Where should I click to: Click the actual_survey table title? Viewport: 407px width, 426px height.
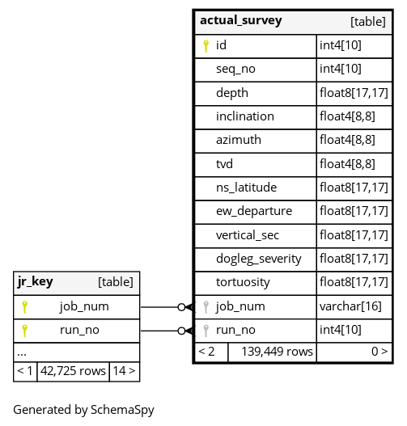pyautogui.click(x=241, y=21)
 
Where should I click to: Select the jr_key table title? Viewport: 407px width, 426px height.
pyautogui.click(x=35, y=281)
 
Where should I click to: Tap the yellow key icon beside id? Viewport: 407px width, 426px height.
pyautogui.click(x=206, y=46)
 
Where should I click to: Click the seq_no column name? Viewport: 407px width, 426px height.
pyautogui.click(x=235, y=70)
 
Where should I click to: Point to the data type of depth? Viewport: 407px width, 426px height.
pyautogui.click(x=354, y=93)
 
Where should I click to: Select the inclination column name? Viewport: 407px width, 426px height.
pyautogui.click(x=245, y=116)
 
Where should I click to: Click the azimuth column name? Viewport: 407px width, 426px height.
pyautogui.click(x=239, y=140)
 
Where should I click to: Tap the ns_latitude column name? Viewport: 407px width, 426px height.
pyautogui.click(x=246, y=188)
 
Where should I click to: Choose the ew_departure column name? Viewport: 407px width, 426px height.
pyautogui.click(x=254, y=211)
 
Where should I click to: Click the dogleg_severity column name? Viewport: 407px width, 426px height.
pyautogui.click(x=259, y=259)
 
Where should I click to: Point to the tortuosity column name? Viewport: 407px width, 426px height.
pyautogui.click(x=243, y=282)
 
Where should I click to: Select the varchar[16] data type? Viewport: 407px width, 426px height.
pyautogui.click(x=350, y=306)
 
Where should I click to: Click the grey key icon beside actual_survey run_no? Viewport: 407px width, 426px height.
pyautogui.click(x=206, y=331)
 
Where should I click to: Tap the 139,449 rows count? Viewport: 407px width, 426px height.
pyautogui.click(x=277, y=352)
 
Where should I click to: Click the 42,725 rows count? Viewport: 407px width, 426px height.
pyautogui.click(x=73, y=371)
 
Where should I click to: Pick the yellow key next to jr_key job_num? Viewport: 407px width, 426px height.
pyautogui.click(x=25, y=307)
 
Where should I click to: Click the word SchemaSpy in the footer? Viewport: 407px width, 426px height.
pyautogui.click(x=122, y=410)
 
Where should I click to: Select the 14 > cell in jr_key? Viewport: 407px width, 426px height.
pyautogui.click(x=124, y=371)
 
